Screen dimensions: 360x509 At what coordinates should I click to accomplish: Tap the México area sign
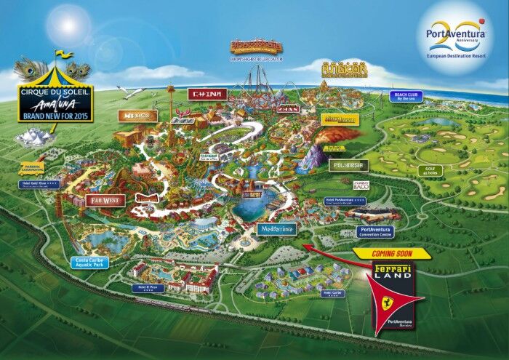(x=136, y=116)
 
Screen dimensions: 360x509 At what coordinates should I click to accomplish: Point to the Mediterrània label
(x=276, y=229)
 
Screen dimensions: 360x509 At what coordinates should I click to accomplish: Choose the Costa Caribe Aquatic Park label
(x=90, y=262)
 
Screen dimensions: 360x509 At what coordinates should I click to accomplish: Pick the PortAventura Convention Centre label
(x=376, y=231)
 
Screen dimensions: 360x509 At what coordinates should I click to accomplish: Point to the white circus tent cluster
(x=32, y=135)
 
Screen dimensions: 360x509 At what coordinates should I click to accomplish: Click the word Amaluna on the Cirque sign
(x=53, y=105)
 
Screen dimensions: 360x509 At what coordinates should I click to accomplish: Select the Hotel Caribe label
(x=330, y=293)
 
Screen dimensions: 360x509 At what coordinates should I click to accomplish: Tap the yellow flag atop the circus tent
(x=64, y=54)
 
